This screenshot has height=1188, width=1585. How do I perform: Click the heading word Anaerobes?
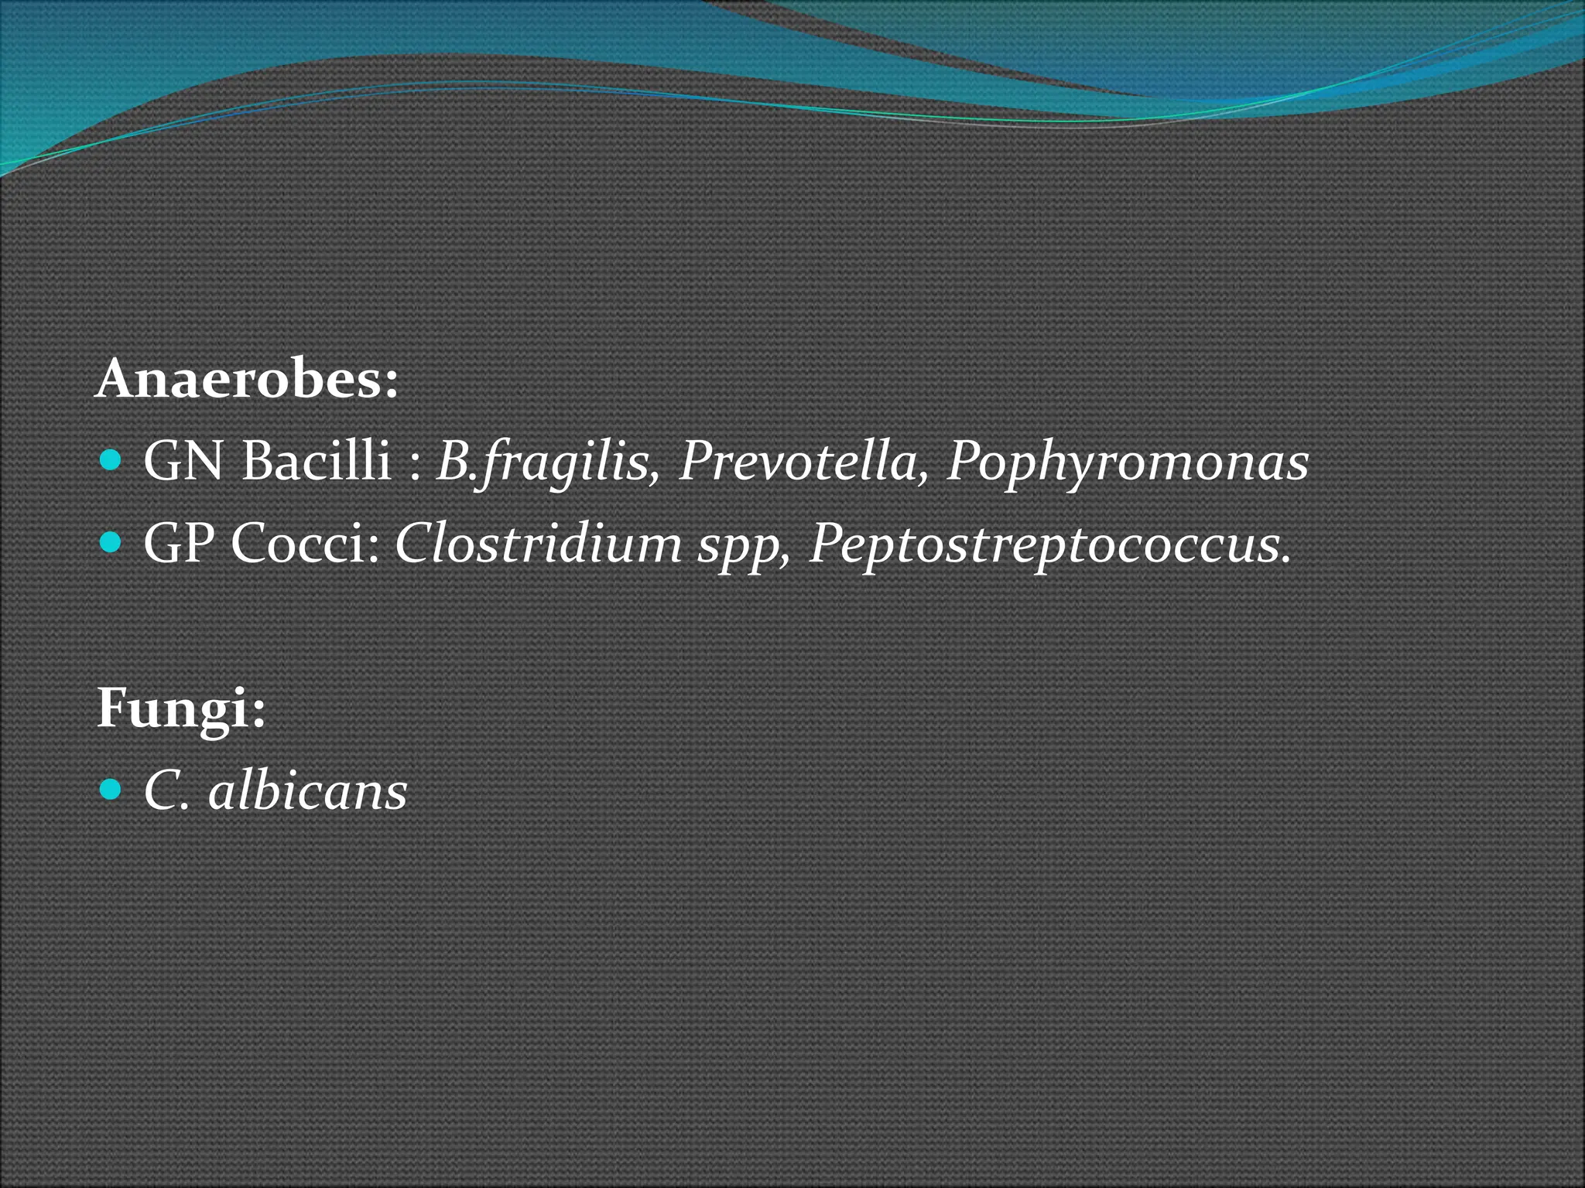(237, 381)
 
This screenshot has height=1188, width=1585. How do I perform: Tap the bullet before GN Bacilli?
(111, 463)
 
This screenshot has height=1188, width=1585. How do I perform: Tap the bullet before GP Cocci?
(111, 544)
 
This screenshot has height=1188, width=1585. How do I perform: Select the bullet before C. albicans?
(111, 790)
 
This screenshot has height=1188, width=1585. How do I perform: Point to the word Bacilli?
(316, 462)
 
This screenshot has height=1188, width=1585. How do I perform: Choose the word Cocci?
(297, 544)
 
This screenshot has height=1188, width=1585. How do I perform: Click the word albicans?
(307, 791)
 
